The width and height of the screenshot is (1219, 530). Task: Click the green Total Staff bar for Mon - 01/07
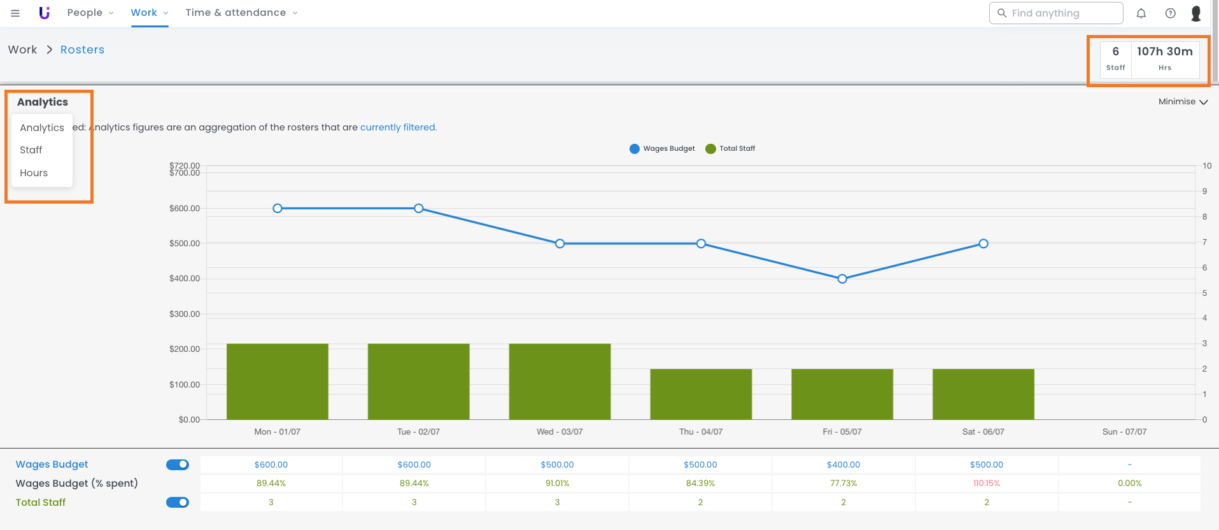[x=278, y=381]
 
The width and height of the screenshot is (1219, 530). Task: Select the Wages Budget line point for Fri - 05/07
[x=842, y=279]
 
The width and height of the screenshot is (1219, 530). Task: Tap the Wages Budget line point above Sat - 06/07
[x=983, y=244]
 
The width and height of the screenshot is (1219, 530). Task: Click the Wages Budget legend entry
[x=662, y=149]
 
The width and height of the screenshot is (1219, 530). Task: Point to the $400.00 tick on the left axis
[x=185, y=279]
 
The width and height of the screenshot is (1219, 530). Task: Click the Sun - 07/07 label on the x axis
[x=1124, y=432]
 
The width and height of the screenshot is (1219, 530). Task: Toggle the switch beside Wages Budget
[x=178, y=465]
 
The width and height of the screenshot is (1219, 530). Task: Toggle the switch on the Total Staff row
[x=178, y=503]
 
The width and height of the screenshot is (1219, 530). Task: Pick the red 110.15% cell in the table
[x=987, y=484]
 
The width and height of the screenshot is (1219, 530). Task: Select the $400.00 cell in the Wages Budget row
[x=843, y=465]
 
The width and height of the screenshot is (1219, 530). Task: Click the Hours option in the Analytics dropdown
[x=34, y=173]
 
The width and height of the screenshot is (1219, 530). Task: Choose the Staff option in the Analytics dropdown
[x=31, y=150]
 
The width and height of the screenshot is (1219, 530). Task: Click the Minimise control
[x=1183, y=102]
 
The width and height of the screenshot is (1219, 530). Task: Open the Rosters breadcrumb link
[x=82, y=50]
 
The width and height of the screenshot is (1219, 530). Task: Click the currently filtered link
[x=398, y=127]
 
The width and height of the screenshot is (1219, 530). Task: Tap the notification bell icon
[x=1141, y=13]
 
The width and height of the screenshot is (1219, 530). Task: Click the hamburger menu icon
[x=15, y=13]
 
